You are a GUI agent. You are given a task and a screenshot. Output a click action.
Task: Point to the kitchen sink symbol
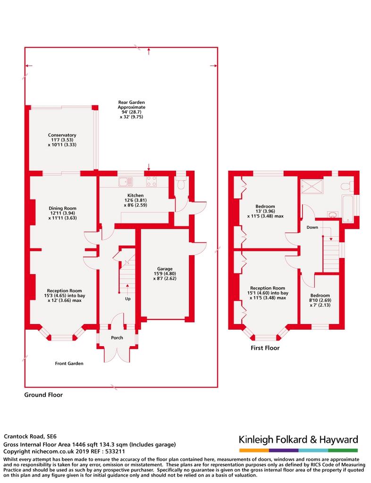[126, 180]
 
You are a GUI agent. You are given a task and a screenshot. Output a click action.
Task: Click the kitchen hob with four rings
[152, 180]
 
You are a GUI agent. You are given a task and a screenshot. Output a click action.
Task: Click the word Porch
[117, 337]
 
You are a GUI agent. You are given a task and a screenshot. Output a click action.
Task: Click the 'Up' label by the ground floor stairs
[128, 299]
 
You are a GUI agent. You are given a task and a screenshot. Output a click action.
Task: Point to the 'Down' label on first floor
[312, 227]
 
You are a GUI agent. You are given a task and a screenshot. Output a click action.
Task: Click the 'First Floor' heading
[265, 348]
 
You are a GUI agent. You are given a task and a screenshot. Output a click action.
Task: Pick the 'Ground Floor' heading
[43, 395]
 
